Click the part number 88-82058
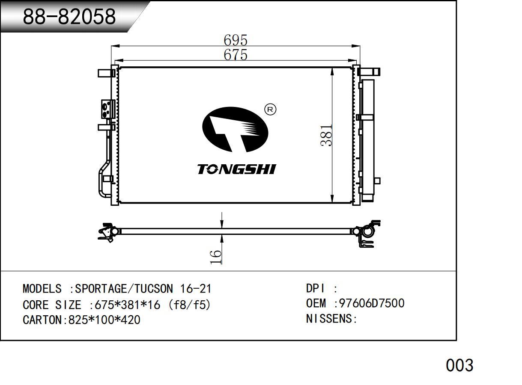[x=69, y=16]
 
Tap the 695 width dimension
[x=236, y=40]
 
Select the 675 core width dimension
[x=236, y=55]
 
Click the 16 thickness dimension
[x=216, y=257]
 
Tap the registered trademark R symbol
[x=270, y=110]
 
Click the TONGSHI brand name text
[x=236, y=169]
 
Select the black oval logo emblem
[x=235, y=129]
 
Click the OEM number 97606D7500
[x=372, y=303]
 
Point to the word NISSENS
[x=329, y=319]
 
